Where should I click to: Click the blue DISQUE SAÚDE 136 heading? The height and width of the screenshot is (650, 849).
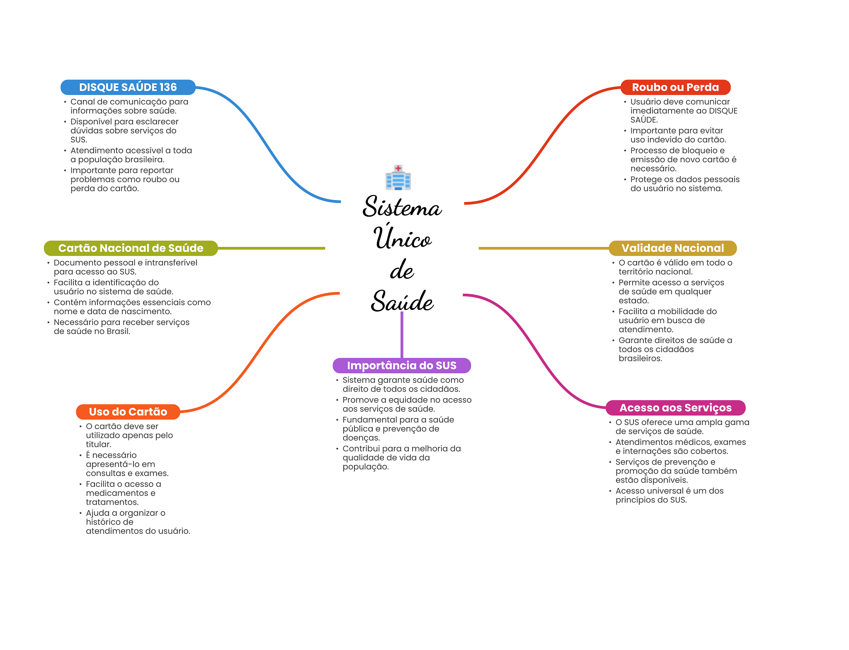point(128,87)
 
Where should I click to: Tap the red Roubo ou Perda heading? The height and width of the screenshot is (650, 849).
point(675,87)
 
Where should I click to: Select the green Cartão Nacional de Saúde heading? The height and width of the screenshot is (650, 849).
point(131,248)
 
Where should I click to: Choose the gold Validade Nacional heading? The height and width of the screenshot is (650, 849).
point(672,248)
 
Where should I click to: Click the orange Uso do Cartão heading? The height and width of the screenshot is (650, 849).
point(128,412)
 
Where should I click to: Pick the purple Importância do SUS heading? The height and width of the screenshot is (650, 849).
point(402,365)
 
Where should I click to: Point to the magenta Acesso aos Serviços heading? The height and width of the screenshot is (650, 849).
point(675,408)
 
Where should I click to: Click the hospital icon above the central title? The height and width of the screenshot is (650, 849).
point(398,178)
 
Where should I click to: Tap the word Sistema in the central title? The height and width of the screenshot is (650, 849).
point(402,207)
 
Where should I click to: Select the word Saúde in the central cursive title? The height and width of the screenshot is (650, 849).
point(402,301)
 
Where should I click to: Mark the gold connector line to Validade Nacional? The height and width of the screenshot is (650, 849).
point(543,248)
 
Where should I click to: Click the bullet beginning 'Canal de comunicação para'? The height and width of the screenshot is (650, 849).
point(129,106)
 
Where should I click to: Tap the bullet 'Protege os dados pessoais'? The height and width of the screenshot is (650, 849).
point(684,184)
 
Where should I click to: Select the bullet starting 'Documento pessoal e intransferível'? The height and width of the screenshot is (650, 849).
point(125,267)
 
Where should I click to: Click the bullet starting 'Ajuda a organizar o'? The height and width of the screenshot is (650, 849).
point(138,522)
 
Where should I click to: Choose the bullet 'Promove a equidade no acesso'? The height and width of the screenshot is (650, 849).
point(407,404)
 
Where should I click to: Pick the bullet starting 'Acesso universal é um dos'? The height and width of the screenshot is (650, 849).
point(669,495)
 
